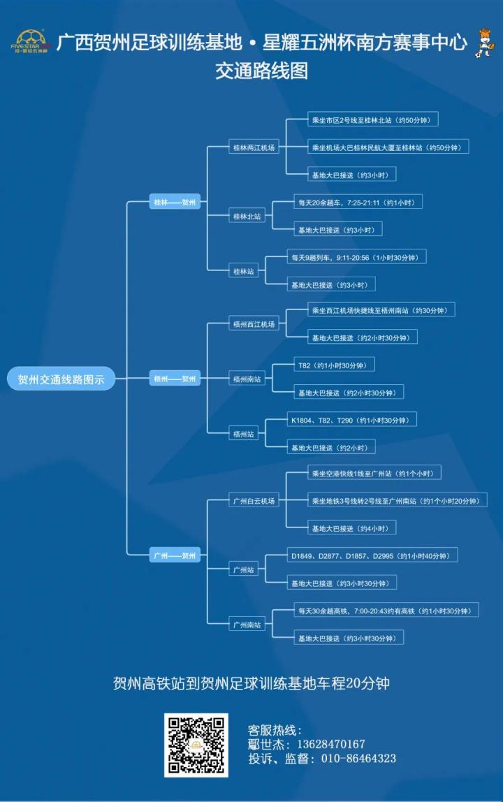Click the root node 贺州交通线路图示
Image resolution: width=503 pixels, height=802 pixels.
coord(61,379)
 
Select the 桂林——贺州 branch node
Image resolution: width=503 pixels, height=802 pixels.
coord(175,203)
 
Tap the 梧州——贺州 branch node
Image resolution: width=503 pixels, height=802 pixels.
coord(175,379)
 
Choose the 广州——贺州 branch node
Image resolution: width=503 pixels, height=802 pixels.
coord(175,555)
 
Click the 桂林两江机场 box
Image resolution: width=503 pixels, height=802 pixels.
coord(254,147)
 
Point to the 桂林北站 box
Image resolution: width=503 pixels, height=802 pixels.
coord(247,217)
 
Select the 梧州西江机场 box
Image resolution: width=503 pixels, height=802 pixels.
coord(254,323)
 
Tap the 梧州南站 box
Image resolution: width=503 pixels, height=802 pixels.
coord(247,379)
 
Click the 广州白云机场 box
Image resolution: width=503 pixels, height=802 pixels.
coord(254,500)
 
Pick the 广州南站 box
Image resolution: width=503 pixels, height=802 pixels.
coord(247,625)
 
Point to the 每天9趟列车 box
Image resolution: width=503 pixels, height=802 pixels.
coord(356,257)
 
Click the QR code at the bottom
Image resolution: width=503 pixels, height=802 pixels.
coord(196,745)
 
